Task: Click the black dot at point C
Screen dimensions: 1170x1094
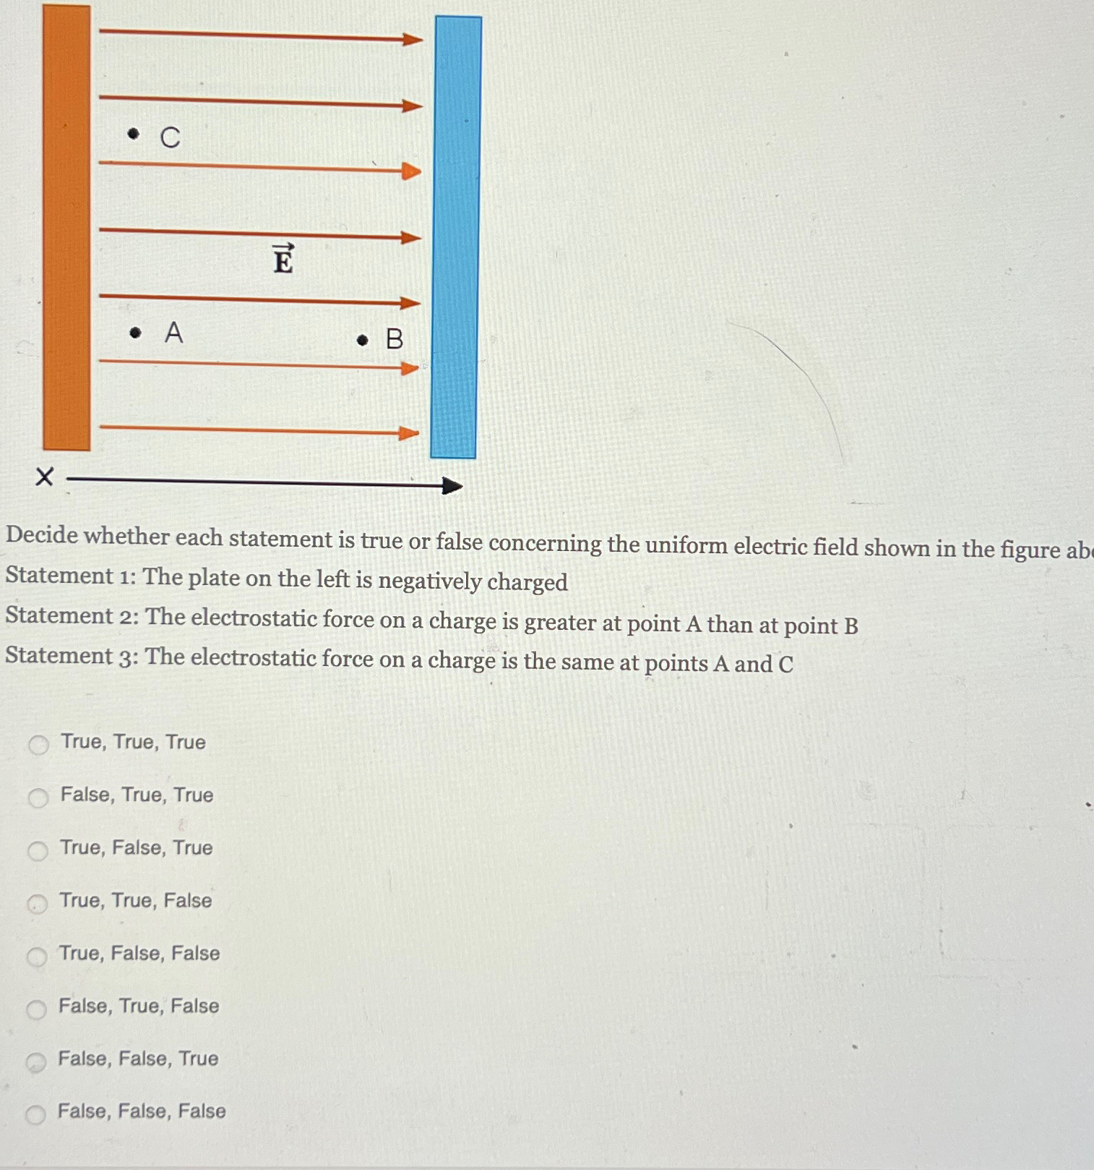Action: click(x=133, y=134)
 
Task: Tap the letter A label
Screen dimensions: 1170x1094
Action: click(x=173, y=333)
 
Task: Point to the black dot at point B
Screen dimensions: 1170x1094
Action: click(x=363, y=340)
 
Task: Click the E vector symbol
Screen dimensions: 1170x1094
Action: click(x=283, y=259)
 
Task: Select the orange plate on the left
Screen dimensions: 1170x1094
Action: click(x=66, y=228)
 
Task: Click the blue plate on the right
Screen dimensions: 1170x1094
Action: click(x=455, y=239)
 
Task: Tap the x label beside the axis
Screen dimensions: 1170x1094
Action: click(x=44, y=477)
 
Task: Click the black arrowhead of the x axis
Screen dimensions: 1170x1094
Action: click(x=452, y=486)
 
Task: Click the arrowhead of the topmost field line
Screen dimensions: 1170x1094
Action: click(x=413, y=39)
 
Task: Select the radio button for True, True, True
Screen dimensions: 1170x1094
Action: click(x=38, y=745)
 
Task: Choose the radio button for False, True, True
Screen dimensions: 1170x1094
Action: click(x=38, y=798)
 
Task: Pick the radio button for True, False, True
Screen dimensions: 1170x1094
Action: click(x=38, y=851)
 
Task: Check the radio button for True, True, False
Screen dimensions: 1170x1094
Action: click(x=37, y=904)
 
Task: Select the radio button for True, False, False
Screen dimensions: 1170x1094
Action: click(x=37, y=957)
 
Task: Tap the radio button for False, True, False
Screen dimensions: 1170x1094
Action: click(x=36, y=1009)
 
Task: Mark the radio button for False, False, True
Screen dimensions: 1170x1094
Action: click(x=36, y=1062)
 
